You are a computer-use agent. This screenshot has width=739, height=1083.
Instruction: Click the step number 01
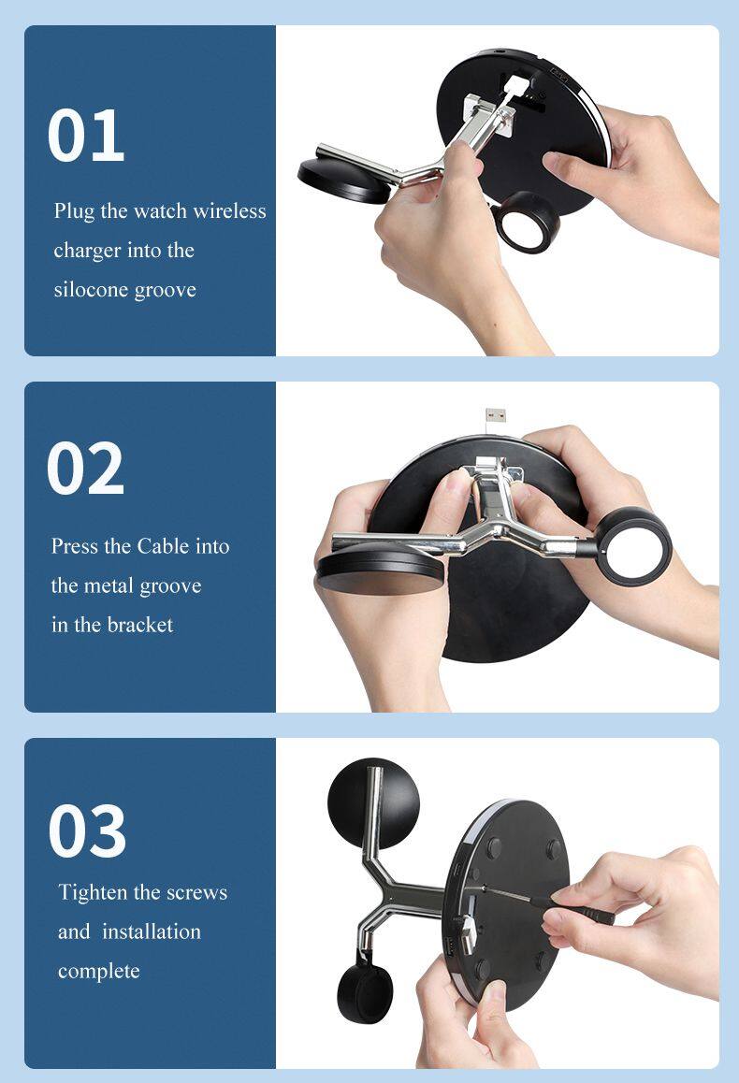86,136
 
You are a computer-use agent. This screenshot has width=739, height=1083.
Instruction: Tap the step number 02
86,469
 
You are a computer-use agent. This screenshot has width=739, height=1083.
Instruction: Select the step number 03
87,830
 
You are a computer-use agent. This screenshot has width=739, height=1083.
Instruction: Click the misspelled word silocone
91,289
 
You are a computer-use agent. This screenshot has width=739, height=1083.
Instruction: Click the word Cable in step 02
163,546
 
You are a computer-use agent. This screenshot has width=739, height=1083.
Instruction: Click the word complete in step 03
99,972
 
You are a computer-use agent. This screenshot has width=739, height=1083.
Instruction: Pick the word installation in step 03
152,931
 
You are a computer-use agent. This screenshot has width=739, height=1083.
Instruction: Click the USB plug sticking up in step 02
495,416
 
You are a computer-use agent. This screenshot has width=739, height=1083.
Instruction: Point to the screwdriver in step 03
545,902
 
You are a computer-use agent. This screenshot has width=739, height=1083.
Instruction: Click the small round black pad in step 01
344,180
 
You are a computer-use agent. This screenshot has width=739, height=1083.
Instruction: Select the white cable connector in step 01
516,89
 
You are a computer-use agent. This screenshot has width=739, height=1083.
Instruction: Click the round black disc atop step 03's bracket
373,803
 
